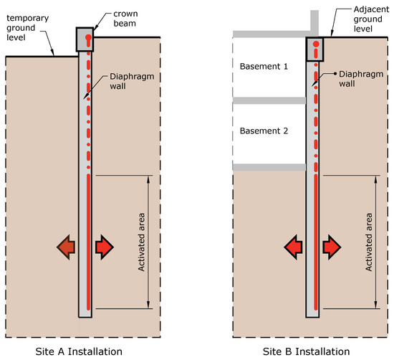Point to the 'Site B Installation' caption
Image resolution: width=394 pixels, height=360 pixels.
point(307,351)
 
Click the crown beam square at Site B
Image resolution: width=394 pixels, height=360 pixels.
point(316,49)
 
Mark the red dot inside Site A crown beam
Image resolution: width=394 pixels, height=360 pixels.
point(87,37)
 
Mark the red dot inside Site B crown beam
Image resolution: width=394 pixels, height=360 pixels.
point(316,51)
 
